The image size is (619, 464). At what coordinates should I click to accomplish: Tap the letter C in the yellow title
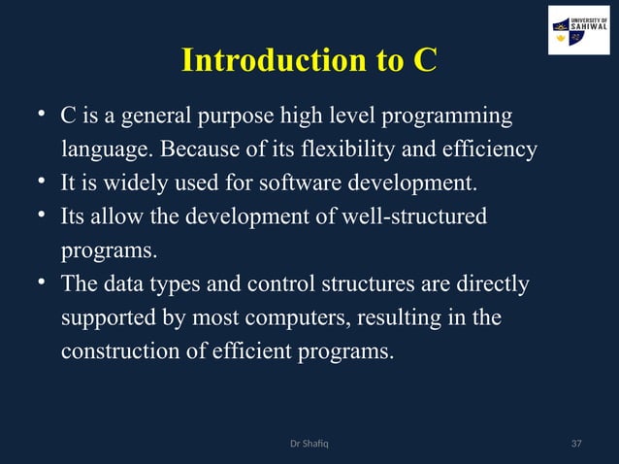[424, 61]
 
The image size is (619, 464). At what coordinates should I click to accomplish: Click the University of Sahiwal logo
[578, 30]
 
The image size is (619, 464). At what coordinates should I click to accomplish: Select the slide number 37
[576, 445]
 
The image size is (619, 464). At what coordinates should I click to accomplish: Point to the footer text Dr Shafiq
[309, 445]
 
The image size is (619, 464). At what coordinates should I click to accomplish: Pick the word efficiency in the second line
[493, 150]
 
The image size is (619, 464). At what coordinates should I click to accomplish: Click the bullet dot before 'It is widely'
[43, 182]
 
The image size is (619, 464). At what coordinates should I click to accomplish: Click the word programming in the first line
[447, 117]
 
